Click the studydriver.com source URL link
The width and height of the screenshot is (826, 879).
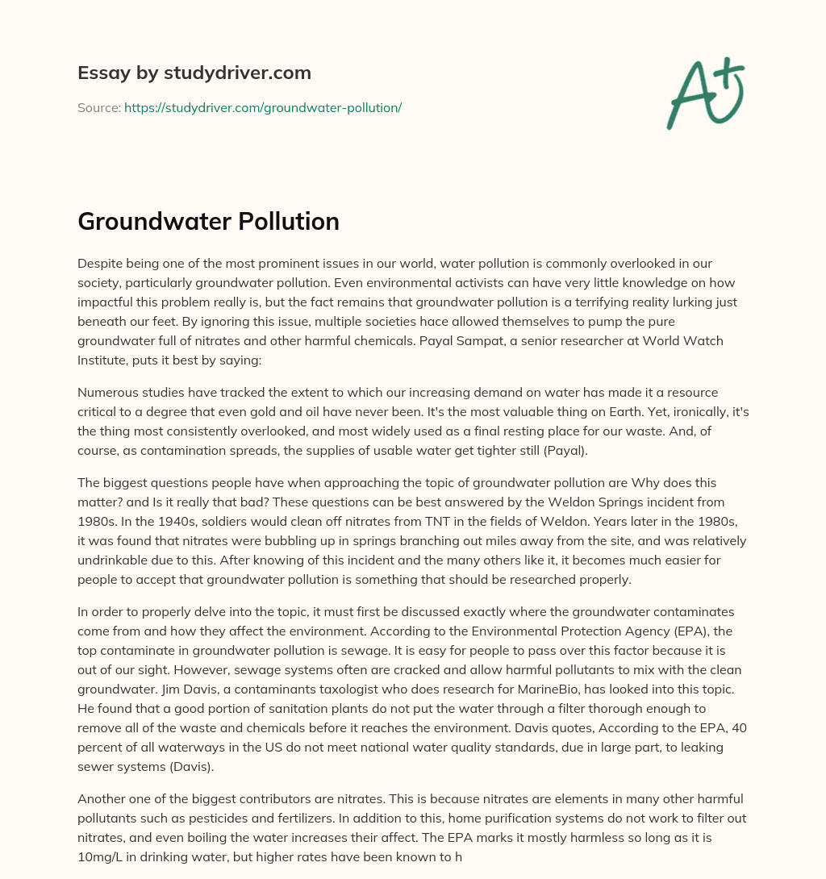[x=263, y=107]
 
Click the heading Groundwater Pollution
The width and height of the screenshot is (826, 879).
[x=208, y=222]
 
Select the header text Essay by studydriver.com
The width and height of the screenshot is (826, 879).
[x=194, y=73]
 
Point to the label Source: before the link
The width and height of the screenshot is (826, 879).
[x=98, y=107]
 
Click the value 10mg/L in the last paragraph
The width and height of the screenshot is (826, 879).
[x=102, y=856]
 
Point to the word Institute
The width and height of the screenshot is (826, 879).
[x=104, y=360]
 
